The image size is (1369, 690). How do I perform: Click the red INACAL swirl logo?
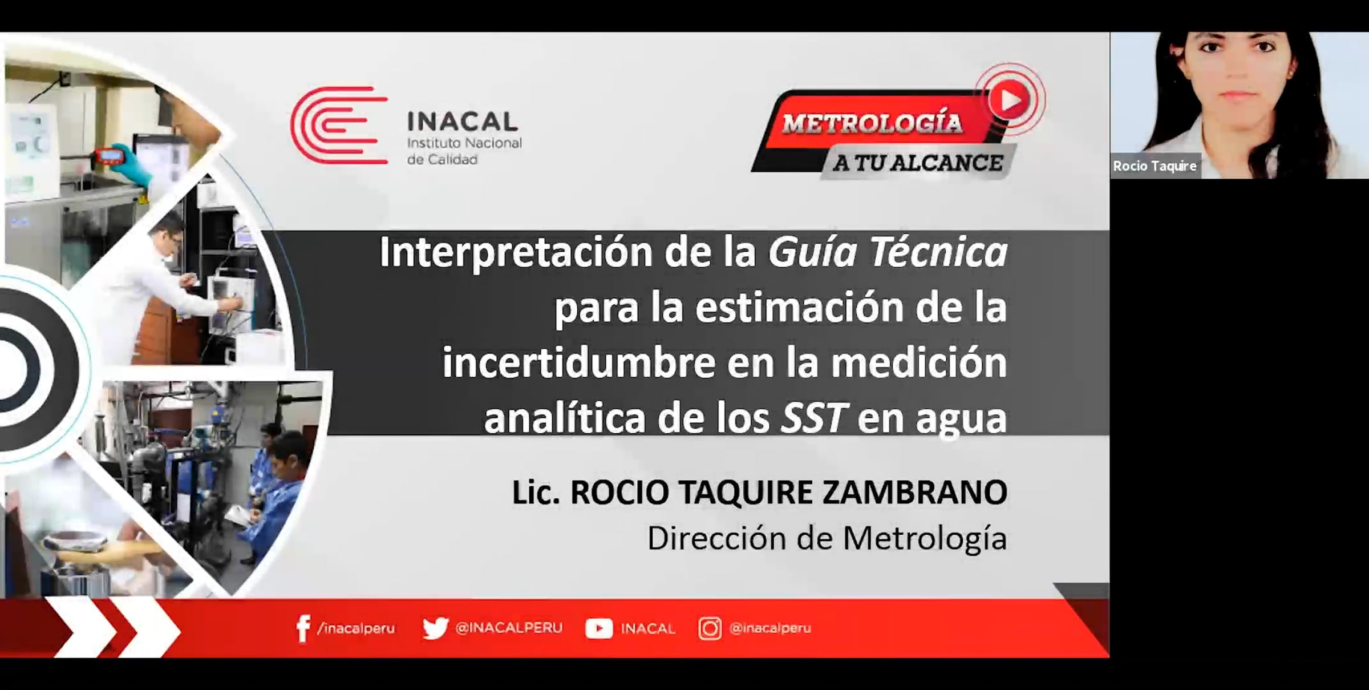point(339,126)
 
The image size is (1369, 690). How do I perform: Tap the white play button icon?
point(1009,100)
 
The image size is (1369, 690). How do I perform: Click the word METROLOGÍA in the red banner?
point(872,123)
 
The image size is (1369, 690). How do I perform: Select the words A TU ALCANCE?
point(918,163)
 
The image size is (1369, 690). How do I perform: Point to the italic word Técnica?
point(938,252)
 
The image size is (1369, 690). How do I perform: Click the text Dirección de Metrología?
point(827,539)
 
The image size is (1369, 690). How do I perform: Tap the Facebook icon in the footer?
point(303,628)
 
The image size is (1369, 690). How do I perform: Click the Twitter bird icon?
point(435,628)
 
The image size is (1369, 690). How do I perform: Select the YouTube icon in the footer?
point(599,628)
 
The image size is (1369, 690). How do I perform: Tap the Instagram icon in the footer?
point(710,628)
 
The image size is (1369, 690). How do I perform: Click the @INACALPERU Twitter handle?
point(509,628)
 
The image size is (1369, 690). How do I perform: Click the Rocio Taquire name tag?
point(1155,166)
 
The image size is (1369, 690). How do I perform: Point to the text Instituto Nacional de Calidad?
point(464,151)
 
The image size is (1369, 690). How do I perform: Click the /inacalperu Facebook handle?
point(356,628)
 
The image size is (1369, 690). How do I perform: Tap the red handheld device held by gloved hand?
point(111,155)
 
